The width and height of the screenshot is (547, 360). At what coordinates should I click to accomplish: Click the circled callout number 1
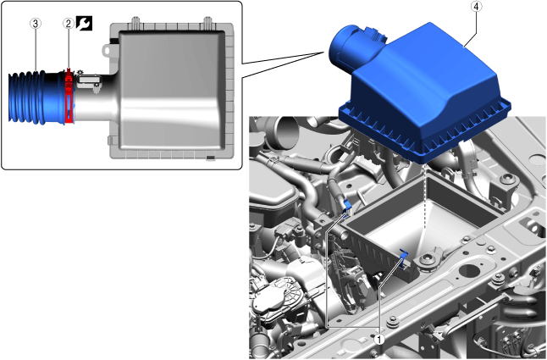click(x=379, y=339)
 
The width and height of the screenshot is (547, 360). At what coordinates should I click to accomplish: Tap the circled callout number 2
click(x=69, y=24)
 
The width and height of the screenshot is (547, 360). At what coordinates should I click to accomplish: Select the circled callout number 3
click(x=36, y=24)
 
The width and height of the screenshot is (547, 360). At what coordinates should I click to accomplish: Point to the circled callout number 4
click(x=477, y=7)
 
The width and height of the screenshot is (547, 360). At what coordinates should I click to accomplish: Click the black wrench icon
click(x=84, y=23)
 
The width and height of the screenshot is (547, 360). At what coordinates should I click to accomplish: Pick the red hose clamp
click(x=69, y=97)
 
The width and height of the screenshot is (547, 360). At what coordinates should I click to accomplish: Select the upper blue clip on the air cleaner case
click(x=347, y=205)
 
